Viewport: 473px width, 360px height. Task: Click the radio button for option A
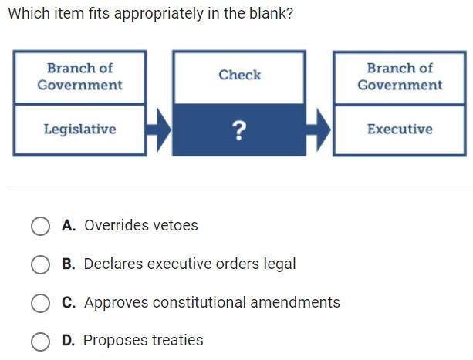click(x=40, y=226)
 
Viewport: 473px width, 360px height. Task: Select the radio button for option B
click(x=40, y=264)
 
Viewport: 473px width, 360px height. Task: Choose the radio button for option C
click(x=40, y=303)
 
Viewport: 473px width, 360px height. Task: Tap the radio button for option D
click(x=40, y=341)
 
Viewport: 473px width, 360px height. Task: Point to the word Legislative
click(x=79, y=130)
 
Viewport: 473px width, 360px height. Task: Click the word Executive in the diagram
click(x=400, y=130)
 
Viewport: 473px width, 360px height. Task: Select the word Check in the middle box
click(x=239, y=75)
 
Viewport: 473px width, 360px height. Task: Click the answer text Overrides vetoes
click(x=141, y=226)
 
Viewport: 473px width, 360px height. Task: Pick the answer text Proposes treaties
click(x=144, y=341)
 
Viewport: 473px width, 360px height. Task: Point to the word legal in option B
click(x=279, y=264)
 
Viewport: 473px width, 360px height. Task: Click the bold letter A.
click(x=69, y=226)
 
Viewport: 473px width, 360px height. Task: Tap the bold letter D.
click(x=69, y=341)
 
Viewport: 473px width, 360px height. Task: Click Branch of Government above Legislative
click(x=79, y=76)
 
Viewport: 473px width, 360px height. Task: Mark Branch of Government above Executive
click(x=400, y=76)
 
